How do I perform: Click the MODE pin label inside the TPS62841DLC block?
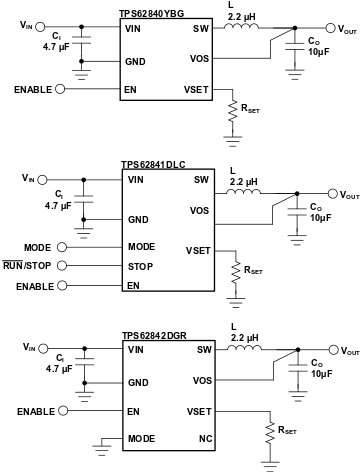[141, 246]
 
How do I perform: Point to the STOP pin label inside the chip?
[140, 267]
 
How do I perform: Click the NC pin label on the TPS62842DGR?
[204, 438]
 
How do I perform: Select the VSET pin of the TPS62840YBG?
[197, 89]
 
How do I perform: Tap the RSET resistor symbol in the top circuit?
[232, 116]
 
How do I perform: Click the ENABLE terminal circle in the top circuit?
[62, 89]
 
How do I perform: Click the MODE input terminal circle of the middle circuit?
[62, 246]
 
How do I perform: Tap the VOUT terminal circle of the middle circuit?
[331, 194]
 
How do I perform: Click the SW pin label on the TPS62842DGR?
[204, 350]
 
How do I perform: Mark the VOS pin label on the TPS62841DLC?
[200, 211]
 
